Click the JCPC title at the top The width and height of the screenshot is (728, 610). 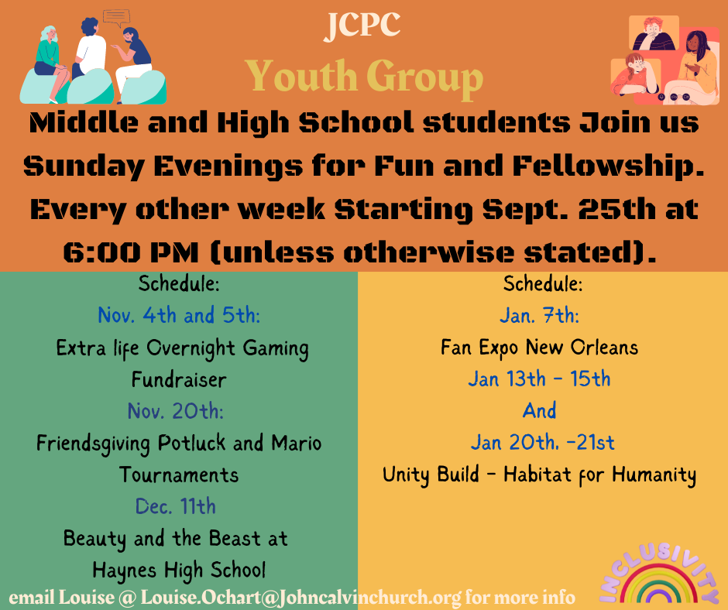click(x=362, y=26)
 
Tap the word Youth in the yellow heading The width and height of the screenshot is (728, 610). click(x=301, y=77)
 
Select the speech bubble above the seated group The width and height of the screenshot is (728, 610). click(x=116, y=18)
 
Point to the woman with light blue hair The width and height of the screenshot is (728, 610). click(x=50, y=60)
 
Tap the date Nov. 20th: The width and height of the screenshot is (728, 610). click(x=176, y=411)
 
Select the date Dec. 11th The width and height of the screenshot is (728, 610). click(x=176, y=506)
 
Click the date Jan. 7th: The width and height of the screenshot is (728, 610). click(x=540, y=316)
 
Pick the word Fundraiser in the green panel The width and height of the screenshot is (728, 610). click(x=179, y=379)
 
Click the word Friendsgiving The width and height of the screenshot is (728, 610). click(x=93, y=444)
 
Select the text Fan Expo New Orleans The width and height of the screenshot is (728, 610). click(x=540, y=348)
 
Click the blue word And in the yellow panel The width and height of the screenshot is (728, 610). click(x=540, y=411)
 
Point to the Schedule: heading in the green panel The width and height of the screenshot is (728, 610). click(x=179, y=283)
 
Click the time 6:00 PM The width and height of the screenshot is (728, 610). click(x=131, y=252)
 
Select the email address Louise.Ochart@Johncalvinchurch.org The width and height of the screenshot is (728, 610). click(x=300, y=598)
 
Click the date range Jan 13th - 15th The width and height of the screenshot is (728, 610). click(x=540, y=379)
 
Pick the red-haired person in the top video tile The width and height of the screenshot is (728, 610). click(x=654, y=33)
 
